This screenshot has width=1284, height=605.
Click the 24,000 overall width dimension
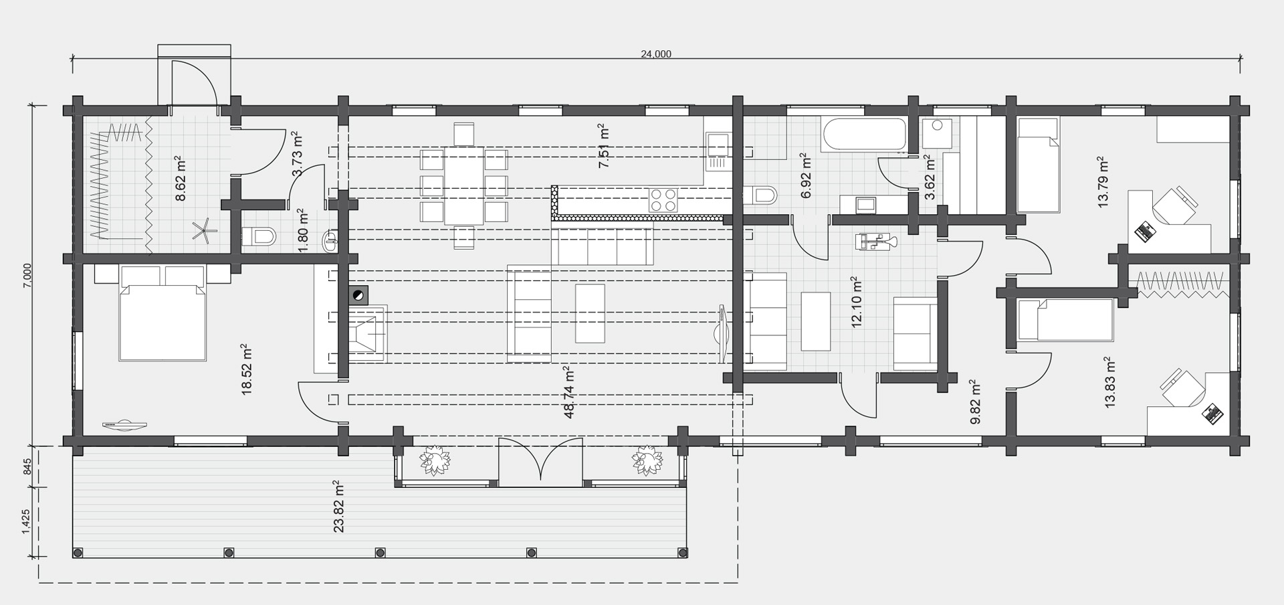click(x=656, y=54)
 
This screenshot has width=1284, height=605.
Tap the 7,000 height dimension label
click(x=27, y=276)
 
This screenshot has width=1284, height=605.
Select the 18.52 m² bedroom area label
click(x=246, y=370)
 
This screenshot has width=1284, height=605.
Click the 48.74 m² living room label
click(x=569, y=392)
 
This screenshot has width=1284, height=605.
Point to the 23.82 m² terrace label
click(x=338, y=506)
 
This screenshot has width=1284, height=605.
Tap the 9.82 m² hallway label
click(x=975, y=402)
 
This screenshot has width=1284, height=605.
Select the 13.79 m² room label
click(x=1102, y=182)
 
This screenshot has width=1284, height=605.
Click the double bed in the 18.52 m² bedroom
click(x=163, y=313)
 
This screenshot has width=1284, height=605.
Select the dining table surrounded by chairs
click(x=463, y=186)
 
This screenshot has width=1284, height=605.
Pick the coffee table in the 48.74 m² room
click(x=590, y=313)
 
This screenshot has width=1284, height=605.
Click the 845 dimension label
click(x=27, y=466)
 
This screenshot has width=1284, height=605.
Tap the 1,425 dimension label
click(x=27, y=522)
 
